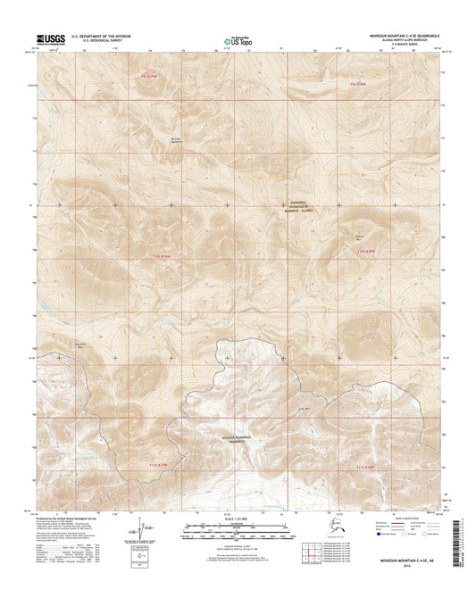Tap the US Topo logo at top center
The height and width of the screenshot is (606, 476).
[x=228, y=39]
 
